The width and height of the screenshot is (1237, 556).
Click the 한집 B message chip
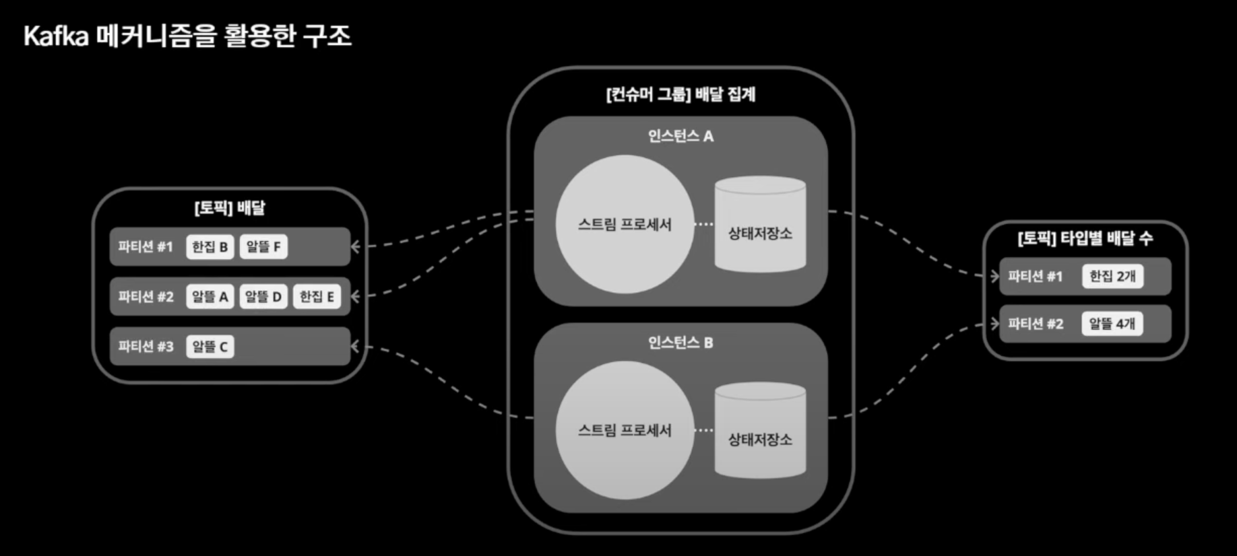point(210,247)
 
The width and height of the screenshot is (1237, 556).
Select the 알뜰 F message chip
point(263,247)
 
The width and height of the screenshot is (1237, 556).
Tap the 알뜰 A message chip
point(210,297)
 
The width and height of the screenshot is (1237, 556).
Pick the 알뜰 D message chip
point(263,297)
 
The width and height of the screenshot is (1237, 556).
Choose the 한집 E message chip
point(317,297)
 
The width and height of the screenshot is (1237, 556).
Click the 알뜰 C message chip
point(210,347)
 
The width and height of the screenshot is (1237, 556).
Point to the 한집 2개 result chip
point(1112,276)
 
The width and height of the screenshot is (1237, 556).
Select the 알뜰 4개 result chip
point(1112,324)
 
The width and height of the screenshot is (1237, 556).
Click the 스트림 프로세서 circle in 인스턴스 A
point(625,224)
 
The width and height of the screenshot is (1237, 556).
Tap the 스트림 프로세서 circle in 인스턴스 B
point(625,430)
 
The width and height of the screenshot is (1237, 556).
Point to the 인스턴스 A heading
point(680,137)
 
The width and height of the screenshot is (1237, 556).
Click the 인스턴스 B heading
point(680,343)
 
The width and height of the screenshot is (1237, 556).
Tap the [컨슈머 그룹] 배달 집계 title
point(680,94)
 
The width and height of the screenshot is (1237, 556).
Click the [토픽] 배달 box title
point(230,208)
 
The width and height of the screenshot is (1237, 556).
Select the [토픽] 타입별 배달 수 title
point(1085,238)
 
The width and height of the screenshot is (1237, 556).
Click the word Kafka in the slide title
point(56,36)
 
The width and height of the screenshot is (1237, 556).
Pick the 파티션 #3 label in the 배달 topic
point(146,347)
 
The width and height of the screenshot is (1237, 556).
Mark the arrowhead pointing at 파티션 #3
point(355,347)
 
